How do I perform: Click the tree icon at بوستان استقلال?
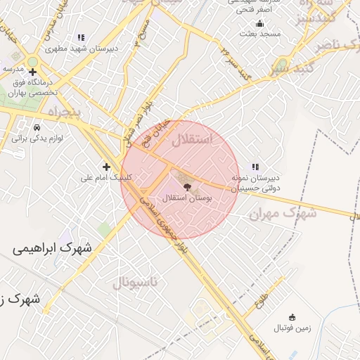click(187, 186)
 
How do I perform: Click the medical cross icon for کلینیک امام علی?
click(106, 167)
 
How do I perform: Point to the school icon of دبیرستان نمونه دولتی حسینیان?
click(255, 167)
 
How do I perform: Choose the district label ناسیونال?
click(136, 283)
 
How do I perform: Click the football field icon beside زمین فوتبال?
click(292, 317)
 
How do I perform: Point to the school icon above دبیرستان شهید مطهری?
click(81, 38)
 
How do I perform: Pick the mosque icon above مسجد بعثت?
click(259, 22)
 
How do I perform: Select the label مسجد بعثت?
click(259, 33)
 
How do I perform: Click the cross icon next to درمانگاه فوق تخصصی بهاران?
click(32, 72)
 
